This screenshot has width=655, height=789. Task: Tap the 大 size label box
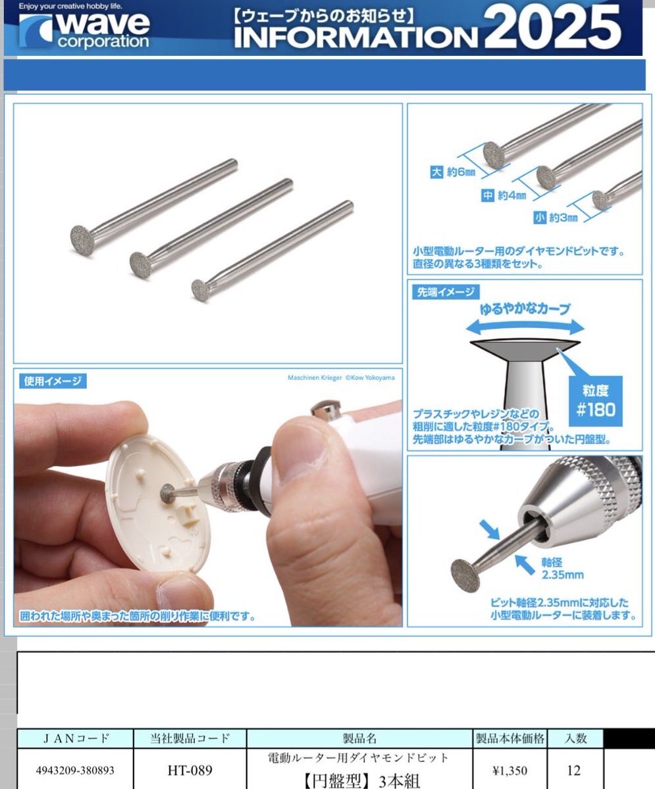pyautogui.click(x=436, y=172)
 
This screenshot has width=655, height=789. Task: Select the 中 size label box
pyautogui.click(x=488, y=195)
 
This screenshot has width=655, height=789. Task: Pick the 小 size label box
pyautogui.click(x=540, y=218)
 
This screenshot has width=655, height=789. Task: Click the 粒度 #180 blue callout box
pyautogui.click(x=596, y=400)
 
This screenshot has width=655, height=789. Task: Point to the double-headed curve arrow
pyautogui.click(x=525, y=327)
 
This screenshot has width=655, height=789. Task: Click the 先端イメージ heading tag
pyautogui.click(x=446, y=292)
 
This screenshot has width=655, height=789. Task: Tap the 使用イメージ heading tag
pyautogui.click(x=53, y=381)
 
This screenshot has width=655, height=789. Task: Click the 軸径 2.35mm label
pyautogui.click(x=562, y=569)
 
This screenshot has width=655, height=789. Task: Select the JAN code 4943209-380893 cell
pyautogui.click(x=75, y=770)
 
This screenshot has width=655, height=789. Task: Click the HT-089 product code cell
pyautogui.click(x=190, y=770)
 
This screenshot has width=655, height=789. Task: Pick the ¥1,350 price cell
pyautogui.click(x=510, y=770)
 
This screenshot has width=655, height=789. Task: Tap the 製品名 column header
pyautogui.click(x=359, y=738)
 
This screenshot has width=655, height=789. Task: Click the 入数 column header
pyautogui.click(x=575, y=738)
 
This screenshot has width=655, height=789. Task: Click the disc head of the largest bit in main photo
pyautogui.click(x=82, y=241)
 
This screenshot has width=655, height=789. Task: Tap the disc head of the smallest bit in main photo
pyautogui.click(x=201, y=291)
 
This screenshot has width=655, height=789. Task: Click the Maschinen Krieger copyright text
pyautogui.click(x=341, y=377)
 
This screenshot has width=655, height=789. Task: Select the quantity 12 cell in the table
pyautogui.click(x=573, y=770)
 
